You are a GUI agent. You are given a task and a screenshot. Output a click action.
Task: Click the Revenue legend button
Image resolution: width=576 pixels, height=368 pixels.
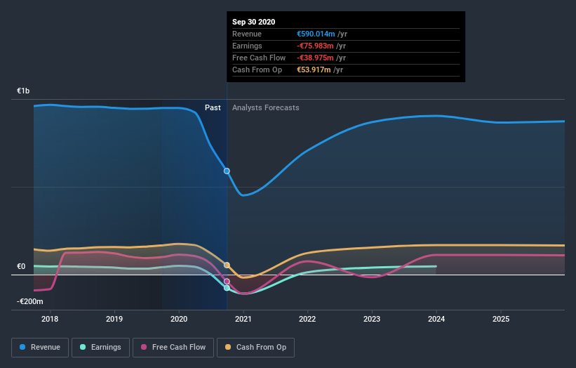pos(41,347)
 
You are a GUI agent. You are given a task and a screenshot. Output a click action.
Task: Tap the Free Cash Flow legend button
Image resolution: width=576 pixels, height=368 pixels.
pos(172,347)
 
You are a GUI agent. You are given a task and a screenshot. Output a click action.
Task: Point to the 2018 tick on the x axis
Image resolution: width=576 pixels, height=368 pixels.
pos(50,319)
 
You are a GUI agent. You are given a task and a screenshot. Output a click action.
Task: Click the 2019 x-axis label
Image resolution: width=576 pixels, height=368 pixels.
pos(114,319)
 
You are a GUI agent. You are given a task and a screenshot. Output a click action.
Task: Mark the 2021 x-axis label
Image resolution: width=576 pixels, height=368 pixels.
pos(243,319)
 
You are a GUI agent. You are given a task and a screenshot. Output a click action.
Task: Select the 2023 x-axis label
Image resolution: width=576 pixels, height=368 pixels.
pos(372,319)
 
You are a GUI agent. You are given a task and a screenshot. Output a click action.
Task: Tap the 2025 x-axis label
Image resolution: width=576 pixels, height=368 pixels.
pos(501,319)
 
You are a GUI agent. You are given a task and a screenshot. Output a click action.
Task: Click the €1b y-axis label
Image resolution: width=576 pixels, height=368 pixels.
pos(24,91)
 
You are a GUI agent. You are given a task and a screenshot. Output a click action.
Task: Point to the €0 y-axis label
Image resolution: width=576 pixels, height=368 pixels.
pos(21,266)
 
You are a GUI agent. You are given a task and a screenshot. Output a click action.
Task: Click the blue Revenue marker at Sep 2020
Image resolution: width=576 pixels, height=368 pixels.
pos(227,171)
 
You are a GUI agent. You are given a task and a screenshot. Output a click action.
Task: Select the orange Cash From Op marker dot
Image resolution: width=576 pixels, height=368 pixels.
pos(227,265)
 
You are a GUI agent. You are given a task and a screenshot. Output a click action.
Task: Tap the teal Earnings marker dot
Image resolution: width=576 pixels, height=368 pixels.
pos(227,288)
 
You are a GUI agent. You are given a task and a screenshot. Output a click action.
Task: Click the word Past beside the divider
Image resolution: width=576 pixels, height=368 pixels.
pos(213,107)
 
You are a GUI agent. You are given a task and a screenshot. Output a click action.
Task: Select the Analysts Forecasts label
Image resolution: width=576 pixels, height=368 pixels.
pos(265,107)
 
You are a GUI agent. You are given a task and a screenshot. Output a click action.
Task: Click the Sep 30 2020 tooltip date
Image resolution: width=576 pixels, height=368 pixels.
pos(254,22)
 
